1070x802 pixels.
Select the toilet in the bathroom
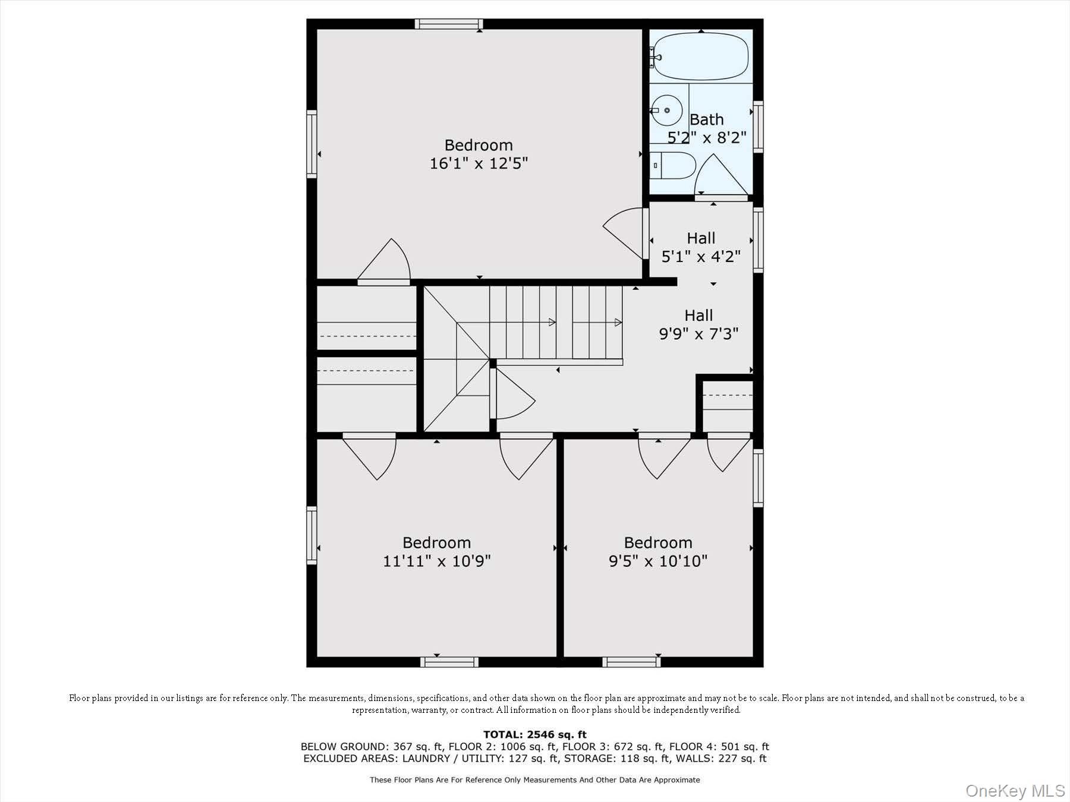(672, 165)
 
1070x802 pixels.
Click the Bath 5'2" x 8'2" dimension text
(707, 137)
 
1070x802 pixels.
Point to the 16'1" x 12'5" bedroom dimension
(479, 163)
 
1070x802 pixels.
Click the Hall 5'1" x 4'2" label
(701, 247)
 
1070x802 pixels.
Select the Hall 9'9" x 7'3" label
(698, 324)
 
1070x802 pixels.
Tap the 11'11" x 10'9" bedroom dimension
(437, 560)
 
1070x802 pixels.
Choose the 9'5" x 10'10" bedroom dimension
(658, 560)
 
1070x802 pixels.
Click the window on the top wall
(449, 24)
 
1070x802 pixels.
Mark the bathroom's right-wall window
(758, 127)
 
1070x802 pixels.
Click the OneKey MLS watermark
(1015, 791)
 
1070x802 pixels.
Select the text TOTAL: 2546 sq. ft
(535, 734)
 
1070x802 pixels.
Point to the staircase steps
(556, 323)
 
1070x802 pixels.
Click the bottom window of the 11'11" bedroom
(449, 662)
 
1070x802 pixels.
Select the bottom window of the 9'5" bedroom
(631, 662)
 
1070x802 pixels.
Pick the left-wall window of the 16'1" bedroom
(311, 144)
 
